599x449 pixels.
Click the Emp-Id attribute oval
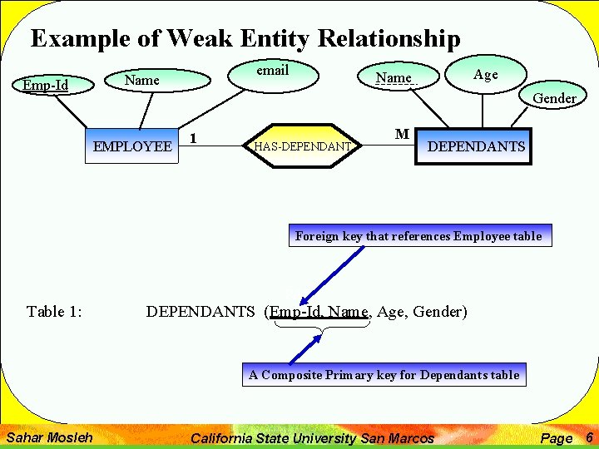tap(46, 85)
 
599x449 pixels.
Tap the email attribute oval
tap(272, 72)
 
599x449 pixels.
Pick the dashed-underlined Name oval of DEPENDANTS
tap(394, 78)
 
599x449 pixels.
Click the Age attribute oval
tap(485, 75)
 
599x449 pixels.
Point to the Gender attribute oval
tap(554, 98)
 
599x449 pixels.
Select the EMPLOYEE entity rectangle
tap(133, 146)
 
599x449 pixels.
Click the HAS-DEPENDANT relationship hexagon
tap(302, 146)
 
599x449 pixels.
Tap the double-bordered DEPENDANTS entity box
tap(475, 146)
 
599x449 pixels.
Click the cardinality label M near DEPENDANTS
tap(402, 134)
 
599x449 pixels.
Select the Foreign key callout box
tap(418, 236)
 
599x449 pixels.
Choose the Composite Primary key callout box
tap(384, 375)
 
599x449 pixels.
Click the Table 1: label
tap(54, 312)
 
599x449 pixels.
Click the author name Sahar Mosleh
tap(49, 437)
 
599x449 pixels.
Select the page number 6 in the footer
tap(588, 437)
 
